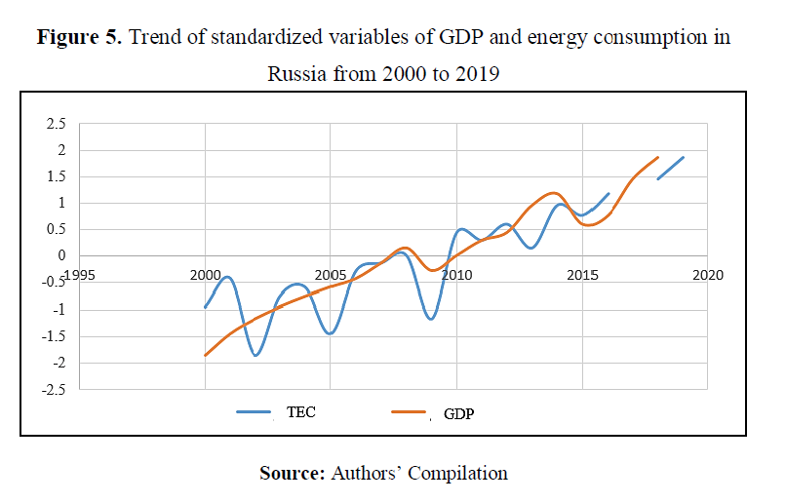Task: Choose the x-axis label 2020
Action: coord(707,275)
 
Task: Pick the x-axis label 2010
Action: coord(456,275)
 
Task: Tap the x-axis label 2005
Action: coord(331,275)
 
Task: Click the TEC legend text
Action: coord(301,412)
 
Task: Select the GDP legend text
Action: coord(458,414)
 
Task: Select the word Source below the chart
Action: coord(292,474)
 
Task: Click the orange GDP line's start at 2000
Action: coord(205,355)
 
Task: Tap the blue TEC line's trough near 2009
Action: coord(431,319)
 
